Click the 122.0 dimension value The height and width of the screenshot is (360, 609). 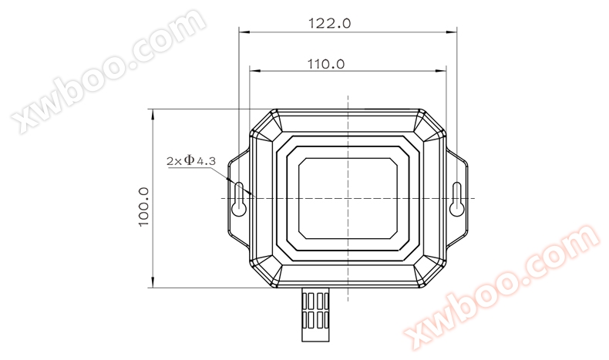(329, 23)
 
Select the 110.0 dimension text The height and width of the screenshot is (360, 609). (326, 64)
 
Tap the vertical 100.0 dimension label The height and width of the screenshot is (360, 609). (143, 207)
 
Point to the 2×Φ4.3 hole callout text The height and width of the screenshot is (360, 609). (191, 160)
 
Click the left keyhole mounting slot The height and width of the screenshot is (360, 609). (239, 198)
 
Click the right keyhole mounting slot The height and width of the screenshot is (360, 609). (456, 198)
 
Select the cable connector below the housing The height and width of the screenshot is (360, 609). (315, 315)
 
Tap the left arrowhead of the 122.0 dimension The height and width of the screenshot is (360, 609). (244, 32)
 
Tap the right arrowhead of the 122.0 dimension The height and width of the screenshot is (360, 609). (452, 32)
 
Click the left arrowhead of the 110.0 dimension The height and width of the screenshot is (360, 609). (254, 71)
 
